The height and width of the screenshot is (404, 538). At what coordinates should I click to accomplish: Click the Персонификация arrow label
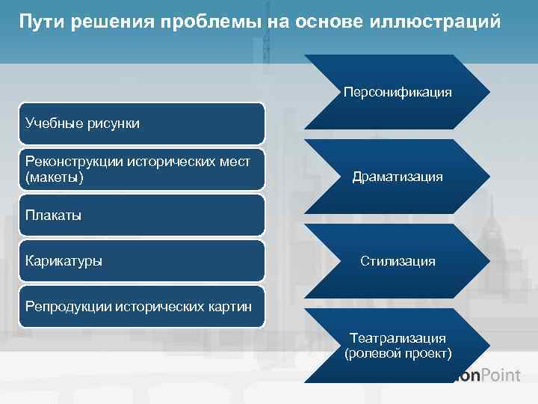tap(398, 93)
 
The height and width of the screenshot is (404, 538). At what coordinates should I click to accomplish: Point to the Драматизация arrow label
tap(398, 177)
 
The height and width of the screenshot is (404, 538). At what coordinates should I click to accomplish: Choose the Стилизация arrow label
tap(398, 262)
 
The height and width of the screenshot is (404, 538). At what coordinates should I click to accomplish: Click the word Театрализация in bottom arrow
tap(398, 339)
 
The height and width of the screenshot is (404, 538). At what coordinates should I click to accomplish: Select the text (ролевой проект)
tap(398, 352)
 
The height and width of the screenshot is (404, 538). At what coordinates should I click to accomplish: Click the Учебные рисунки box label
tap(82, 123)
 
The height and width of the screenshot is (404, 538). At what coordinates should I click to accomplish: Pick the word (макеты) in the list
tap(55, 179)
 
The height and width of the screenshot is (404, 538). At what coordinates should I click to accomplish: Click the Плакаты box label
tap(53, 215)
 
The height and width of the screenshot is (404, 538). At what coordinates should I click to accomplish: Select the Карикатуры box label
tap(64, 261)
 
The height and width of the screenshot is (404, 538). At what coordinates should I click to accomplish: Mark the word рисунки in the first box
tap(114, 123)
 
